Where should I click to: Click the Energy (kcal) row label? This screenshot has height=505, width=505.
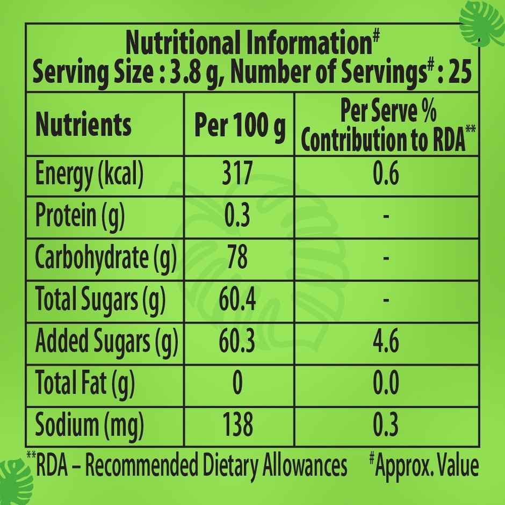[89, 176]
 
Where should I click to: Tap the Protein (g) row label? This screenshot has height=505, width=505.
[80, 217]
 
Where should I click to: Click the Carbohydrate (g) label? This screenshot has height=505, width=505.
[105, 258]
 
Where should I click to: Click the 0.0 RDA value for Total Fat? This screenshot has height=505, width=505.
[386, 384]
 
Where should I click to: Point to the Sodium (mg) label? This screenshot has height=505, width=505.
[89, 425]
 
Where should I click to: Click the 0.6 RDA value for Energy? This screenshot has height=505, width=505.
[386, 176]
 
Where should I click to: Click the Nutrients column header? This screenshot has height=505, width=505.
[83, 125]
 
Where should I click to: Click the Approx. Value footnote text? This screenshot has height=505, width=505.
[427, 465]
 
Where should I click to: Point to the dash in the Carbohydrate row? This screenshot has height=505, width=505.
[386, 258]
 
